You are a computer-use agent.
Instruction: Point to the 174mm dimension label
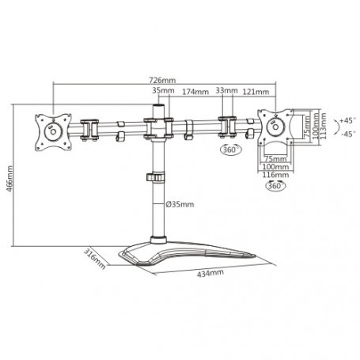pos(195,92)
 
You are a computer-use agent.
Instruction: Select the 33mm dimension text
pos(229,92)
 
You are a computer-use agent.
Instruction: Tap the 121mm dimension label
pos(256,92)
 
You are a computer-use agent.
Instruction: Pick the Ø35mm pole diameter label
pos(181,205)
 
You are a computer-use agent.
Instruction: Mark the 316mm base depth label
pos(94,258)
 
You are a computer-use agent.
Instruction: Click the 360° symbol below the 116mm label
pos(273,188)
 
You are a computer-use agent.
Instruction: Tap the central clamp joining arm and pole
pos(159,126)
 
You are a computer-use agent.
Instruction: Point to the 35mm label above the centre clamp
pos(159,92)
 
